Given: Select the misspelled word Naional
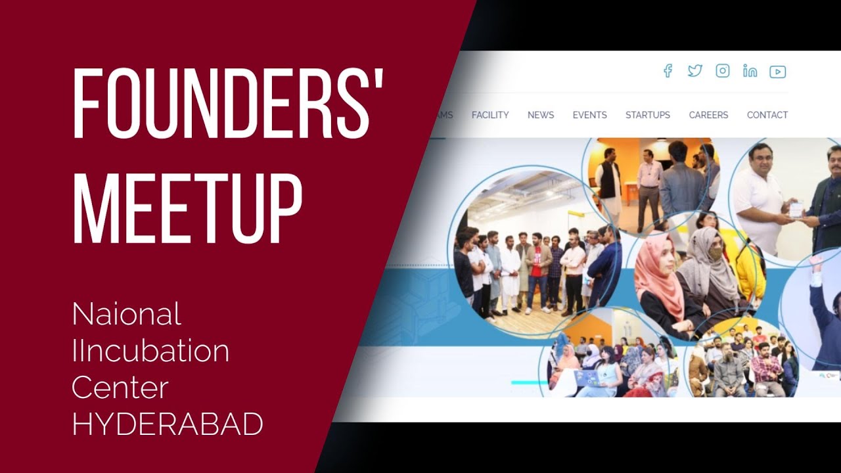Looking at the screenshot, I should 126,314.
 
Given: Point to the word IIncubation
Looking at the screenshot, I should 150,351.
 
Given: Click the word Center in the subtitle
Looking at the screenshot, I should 120,387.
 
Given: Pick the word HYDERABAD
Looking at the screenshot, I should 168,424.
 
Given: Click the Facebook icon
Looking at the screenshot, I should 668,71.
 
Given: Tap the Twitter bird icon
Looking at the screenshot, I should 694,71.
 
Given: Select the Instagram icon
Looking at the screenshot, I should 723,71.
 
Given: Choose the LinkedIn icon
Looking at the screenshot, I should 750,71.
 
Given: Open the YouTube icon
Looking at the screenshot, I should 778,72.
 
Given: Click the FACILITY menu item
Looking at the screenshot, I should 490,115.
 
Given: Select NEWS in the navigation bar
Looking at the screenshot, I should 541,115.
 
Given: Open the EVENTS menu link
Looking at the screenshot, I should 589,115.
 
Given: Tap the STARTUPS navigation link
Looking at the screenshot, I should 648,115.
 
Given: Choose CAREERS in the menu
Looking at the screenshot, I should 708,115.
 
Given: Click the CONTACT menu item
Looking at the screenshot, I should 767,115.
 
